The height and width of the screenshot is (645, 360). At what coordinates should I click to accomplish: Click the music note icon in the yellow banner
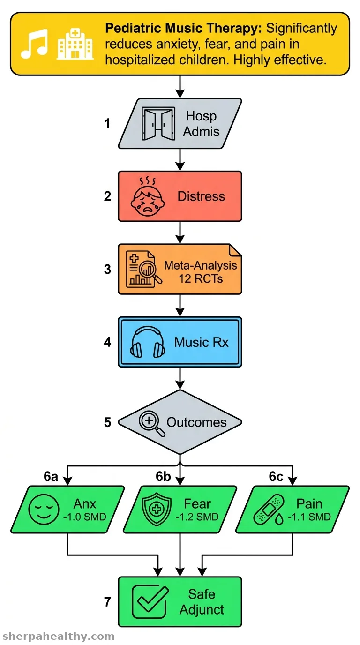coord(34,44)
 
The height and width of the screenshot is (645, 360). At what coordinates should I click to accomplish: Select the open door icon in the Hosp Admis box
coord(158,124)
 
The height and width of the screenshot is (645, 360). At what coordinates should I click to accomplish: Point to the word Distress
coord(201,196)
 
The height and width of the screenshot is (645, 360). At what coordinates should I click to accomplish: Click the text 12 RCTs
coord(201,278)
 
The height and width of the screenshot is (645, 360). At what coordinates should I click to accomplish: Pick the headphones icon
coord(148,342)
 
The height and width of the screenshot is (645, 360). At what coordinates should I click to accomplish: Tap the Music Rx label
coord(201,342)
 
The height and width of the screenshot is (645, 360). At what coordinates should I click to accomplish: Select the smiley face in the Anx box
coord(44,510)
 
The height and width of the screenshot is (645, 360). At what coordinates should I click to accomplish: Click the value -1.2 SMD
coord(197,517)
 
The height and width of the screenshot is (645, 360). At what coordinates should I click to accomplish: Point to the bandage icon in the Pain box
coord(269,510)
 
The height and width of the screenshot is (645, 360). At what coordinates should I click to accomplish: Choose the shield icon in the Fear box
coord(157,509)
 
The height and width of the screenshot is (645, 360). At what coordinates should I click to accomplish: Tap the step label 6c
coord(276,477)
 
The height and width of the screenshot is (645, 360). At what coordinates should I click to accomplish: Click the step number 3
coord(107,269)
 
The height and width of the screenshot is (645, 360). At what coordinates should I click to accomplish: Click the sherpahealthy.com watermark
coord(58,636)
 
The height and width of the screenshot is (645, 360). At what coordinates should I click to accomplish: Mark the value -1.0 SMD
coord(85,517)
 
